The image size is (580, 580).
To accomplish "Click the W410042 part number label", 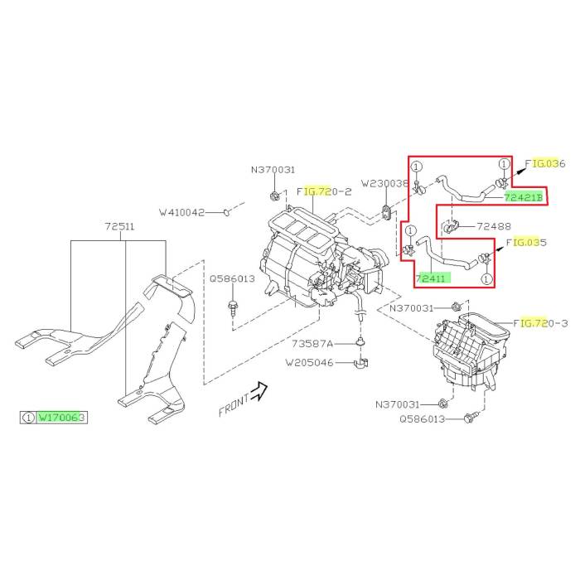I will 181,212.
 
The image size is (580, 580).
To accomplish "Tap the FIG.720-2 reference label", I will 324,191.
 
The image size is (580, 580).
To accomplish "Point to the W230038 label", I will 385,183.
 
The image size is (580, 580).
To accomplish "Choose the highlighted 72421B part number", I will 524,197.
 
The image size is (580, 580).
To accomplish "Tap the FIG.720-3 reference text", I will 540,322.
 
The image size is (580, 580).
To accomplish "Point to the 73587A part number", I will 312,343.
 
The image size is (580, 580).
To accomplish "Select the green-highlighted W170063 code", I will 62,418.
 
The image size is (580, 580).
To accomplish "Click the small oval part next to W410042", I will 225,213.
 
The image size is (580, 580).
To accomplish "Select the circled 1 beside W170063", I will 28,418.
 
